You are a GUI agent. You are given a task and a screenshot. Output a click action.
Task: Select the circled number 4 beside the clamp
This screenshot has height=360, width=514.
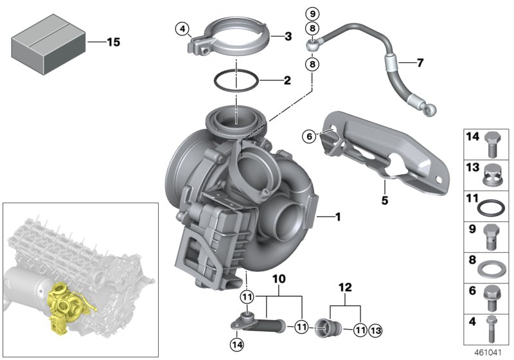pyautogui.click(x=183, y=29)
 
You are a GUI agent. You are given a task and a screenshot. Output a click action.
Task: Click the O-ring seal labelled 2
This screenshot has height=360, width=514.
pyautogui.click(x=236, y=82)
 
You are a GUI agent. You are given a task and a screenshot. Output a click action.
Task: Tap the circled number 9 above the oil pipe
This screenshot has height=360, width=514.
pyautogui.click(x=312, y=14)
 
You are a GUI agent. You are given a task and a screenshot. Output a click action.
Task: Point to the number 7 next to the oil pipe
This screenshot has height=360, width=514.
pyautogui.click(x=420, y=63)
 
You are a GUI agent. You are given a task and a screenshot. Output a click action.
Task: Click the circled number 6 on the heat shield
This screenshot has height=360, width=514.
pyautogui.click(x=310, y=136)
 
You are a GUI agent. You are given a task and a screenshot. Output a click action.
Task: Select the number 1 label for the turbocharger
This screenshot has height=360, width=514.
pyautogui.click(x=338, y=219)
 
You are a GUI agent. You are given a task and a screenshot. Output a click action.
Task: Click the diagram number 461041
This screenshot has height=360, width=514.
pyautogui.click(x=493, y=353)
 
